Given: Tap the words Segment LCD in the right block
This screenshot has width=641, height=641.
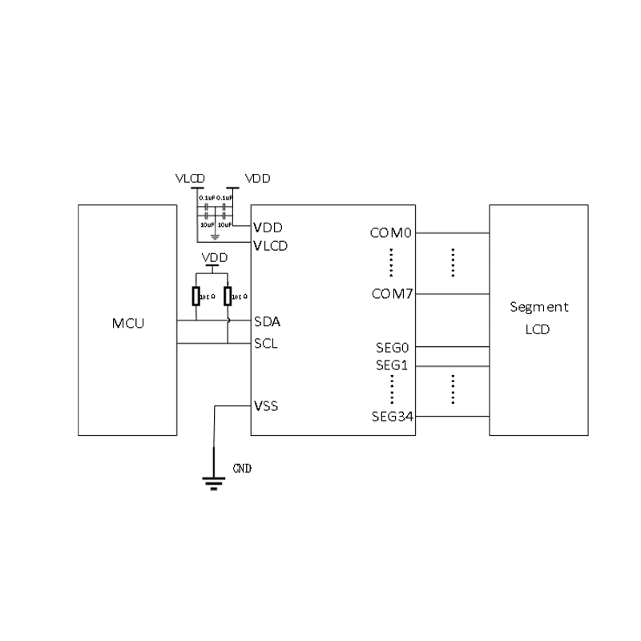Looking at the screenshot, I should (539, 318).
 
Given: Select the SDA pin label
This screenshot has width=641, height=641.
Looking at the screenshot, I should (267, 322).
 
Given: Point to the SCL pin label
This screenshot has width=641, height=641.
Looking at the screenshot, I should (266, 344).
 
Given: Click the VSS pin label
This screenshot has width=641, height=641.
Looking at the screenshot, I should (265, 406).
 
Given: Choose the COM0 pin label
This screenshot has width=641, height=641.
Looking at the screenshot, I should (390, 233).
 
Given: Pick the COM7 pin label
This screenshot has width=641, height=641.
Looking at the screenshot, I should (392, 294).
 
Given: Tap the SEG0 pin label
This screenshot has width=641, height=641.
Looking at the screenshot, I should (393, 348).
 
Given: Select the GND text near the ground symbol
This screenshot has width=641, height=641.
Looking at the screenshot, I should (242, 468).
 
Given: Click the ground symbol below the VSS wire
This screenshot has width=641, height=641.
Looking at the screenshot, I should (213, 482).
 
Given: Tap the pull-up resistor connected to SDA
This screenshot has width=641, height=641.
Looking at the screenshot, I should (196, 296).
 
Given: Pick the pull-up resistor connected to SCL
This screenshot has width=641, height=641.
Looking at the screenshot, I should (228, 296).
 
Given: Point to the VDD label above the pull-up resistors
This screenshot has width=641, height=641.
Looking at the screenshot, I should (214, 257).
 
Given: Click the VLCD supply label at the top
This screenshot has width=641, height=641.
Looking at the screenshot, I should (191, 178).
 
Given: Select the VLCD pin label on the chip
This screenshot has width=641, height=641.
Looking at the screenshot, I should (270, 245).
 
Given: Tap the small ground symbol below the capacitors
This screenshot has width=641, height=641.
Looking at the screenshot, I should (214, 237).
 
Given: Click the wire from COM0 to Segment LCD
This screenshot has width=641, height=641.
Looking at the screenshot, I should (452, 233).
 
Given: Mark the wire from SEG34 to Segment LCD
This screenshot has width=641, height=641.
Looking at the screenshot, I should (452, 416).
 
